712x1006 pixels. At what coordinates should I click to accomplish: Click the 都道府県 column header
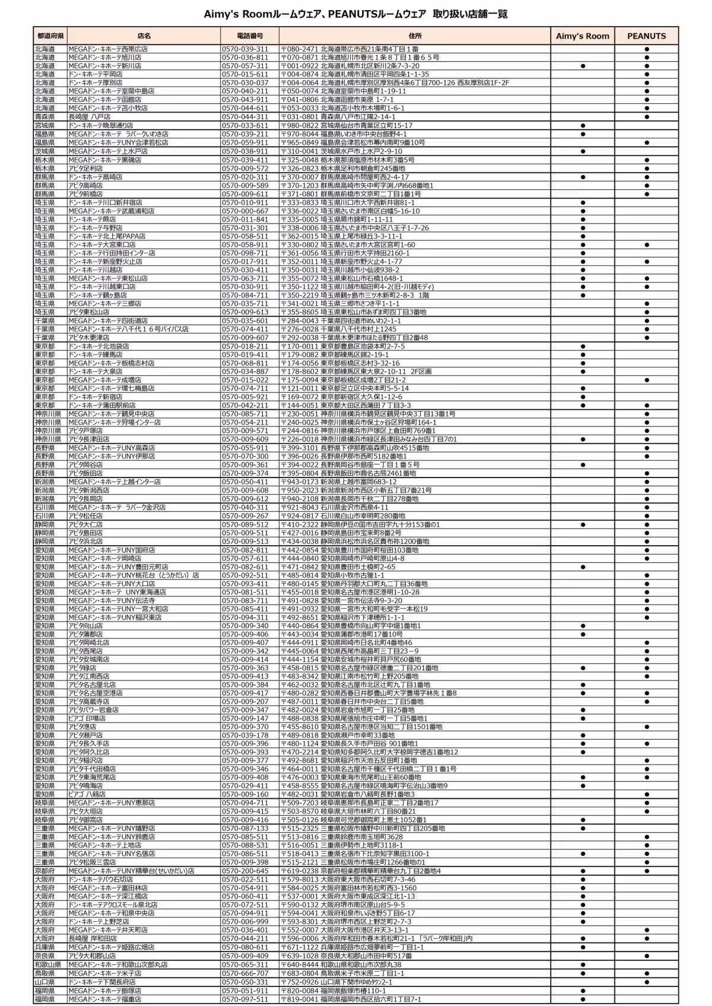pos(50,36)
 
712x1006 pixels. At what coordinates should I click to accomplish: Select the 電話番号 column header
pos(250,36)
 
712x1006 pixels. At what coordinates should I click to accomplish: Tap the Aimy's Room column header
pos(582,36)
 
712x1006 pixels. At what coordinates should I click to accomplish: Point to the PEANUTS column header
pos(646,36)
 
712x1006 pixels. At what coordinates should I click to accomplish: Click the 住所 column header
pos(415,36)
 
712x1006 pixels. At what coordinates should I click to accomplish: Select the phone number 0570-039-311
pos(244,49)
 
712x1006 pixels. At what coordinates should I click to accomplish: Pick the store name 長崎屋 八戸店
pos(89,117)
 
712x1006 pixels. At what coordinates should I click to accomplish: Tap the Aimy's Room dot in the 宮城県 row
pos(583,126)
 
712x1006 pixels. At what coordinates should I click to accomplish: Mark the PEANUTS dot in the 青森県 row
pos(647,117)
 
